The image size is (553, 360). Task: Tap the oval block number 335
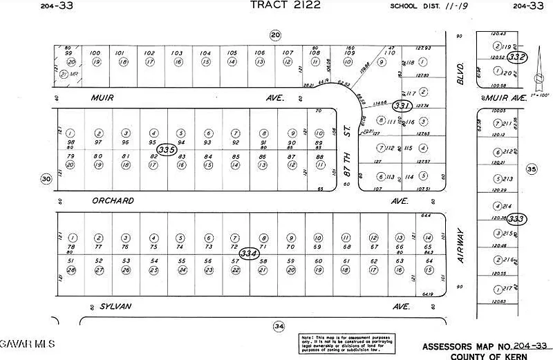coord(166,149)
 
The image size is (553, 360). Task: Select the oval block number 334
coord(250,254)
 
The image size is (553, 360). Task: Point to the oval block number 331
coord(401,106)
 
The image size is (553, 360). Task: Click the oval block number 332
coord(517,57)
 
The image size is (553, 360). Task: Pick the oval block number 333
coord(517,219)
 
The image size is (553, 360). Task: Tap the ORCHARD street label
coord(113,201)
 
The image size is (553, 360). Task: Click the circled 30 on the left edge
coord(46,180)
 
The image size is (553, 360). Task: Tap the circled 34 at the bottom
coord(278,325)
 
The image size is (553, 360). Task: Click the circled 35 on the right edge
coord(531,168)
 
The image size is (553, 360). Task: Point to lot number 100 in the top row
coord(96,53)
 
